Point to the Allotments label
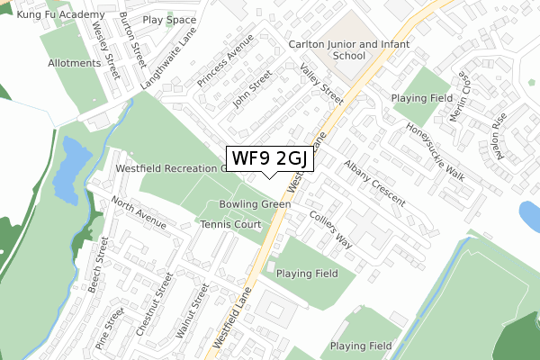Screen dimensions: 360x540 pos(74,63)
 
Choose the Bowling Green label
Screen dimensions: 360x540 pos(254,204)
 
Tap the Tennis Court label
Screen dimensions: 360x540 pos(229,224)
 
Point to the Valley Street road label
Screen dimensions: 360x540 pos(321,84)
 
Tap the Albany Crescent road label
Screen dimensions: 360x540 pos(374,183)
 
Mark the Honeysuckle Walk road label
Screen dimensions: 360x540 pos(436,150)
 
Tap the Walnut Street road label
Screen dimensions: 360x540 pos(192,311)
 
